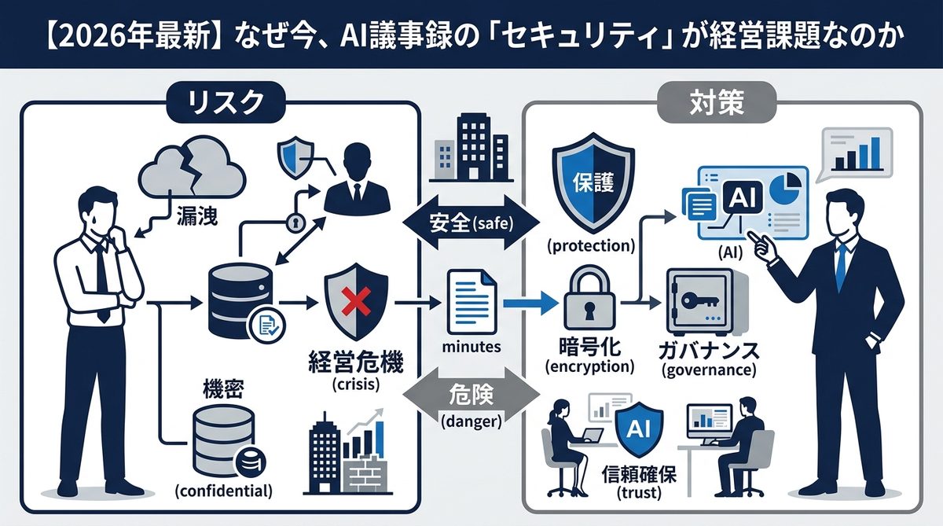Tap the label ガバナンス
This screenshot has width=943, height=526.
point(708,348)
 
